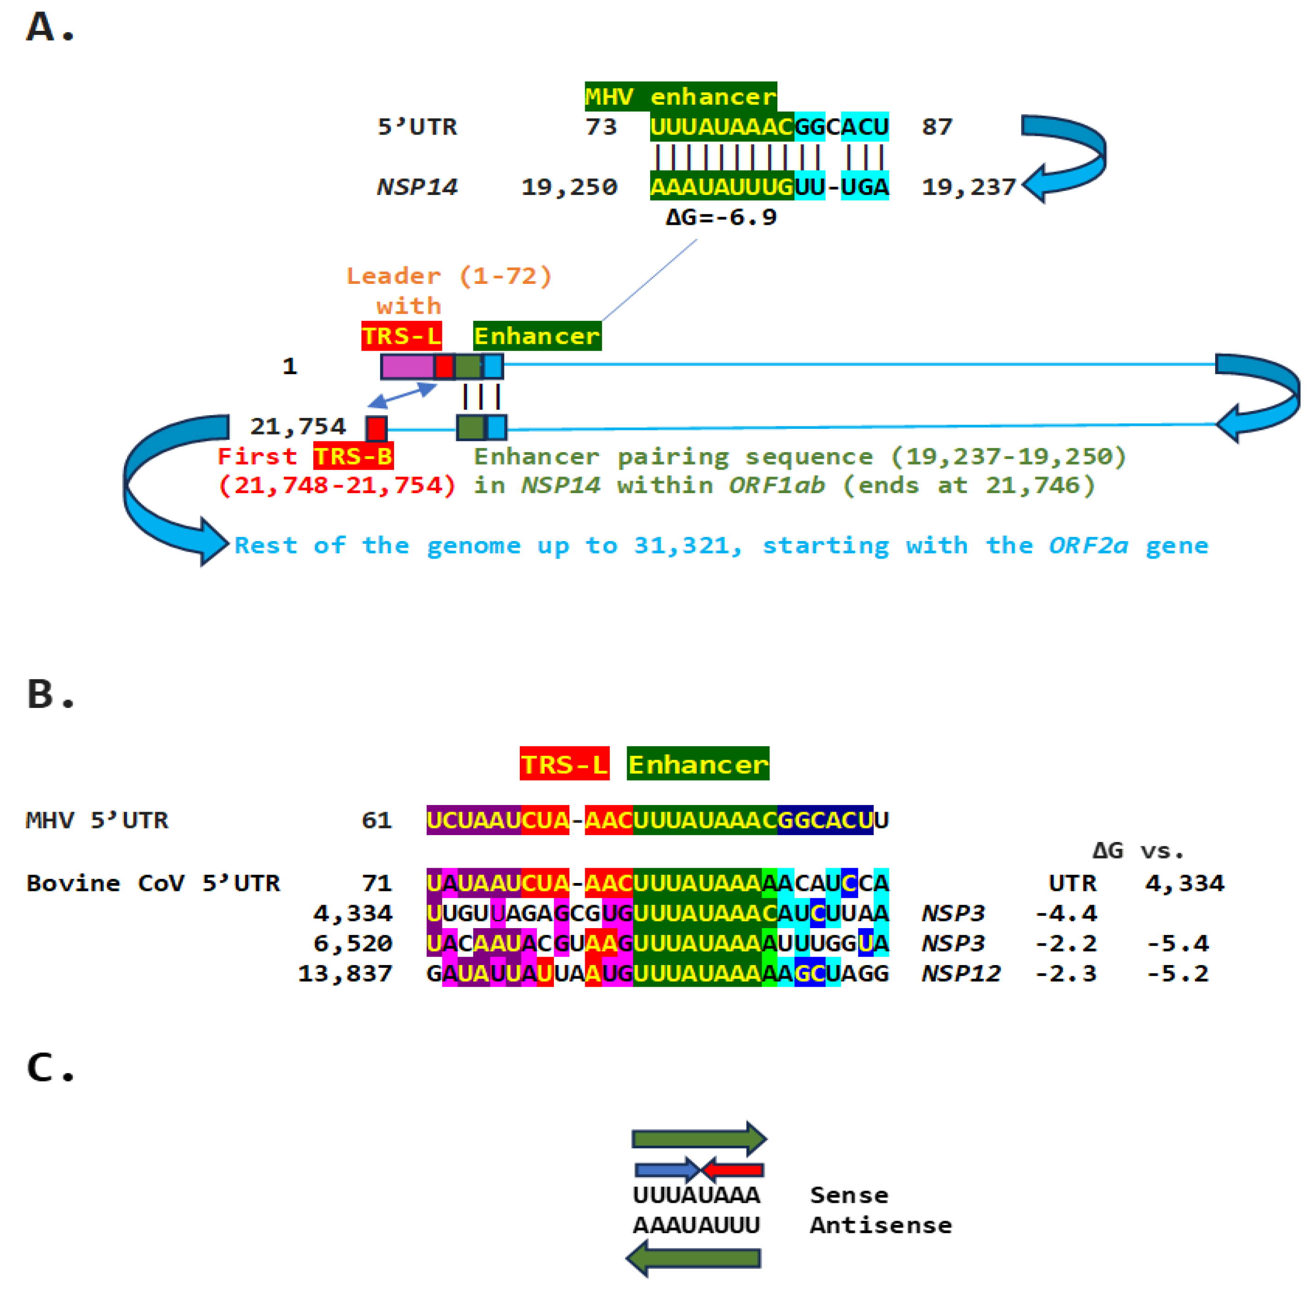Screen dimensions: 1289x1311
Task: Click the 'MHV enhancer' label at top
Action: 680,97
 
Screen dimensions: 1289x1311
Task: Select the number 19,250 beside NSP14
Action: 569,187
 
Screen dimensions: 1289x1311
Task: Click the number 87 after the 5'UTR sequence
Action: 937,127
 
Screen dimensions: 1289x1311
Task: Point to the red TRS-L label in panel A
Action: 401,336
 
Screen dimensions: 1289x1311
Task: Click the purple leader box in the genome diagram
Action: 407,366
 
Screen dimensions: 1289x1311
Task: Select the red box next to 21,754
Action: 376,428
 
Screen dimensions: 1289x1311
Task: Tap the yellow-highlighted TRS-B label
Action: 353,456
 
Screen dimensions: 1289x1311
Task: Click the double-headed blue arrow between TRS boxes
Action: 402,395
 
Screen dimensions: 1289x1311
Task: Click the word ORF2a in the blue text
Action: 1088,545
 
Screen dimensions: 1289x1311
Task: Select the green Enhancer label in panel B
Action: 698,765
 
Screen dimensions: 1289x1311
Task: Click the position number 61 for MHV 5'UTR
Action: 376,820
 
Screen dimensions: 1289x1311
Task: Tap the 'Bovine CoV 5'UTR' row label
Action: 153,883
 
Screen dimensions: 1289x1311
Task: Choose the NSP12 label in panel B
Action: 960,973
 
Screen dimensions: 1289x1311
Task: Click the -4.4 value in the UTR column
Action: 1065,913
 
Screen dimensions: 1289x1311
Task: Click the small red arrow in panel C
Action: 734,1169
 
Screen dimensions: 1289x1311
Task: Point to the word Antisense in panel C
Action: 881,1224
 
